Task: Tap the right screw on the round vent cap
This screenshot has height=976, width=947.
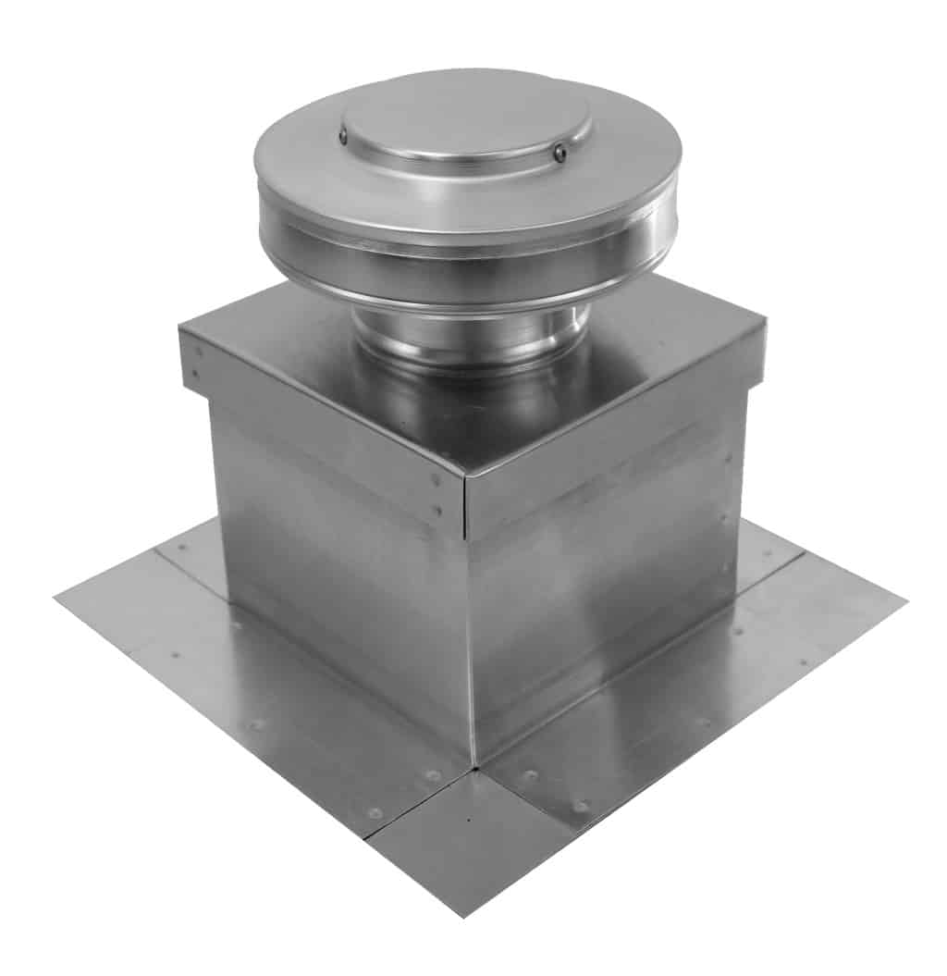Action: pos(560,153)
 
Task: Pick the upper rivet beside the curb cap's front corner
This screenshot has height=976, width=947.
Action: pos(436,479)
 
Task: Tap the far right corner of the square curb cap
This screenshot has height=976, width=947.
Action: pos(764,324)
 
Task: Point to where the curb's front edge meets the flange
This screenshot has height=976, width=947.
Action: pos(472,764)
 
